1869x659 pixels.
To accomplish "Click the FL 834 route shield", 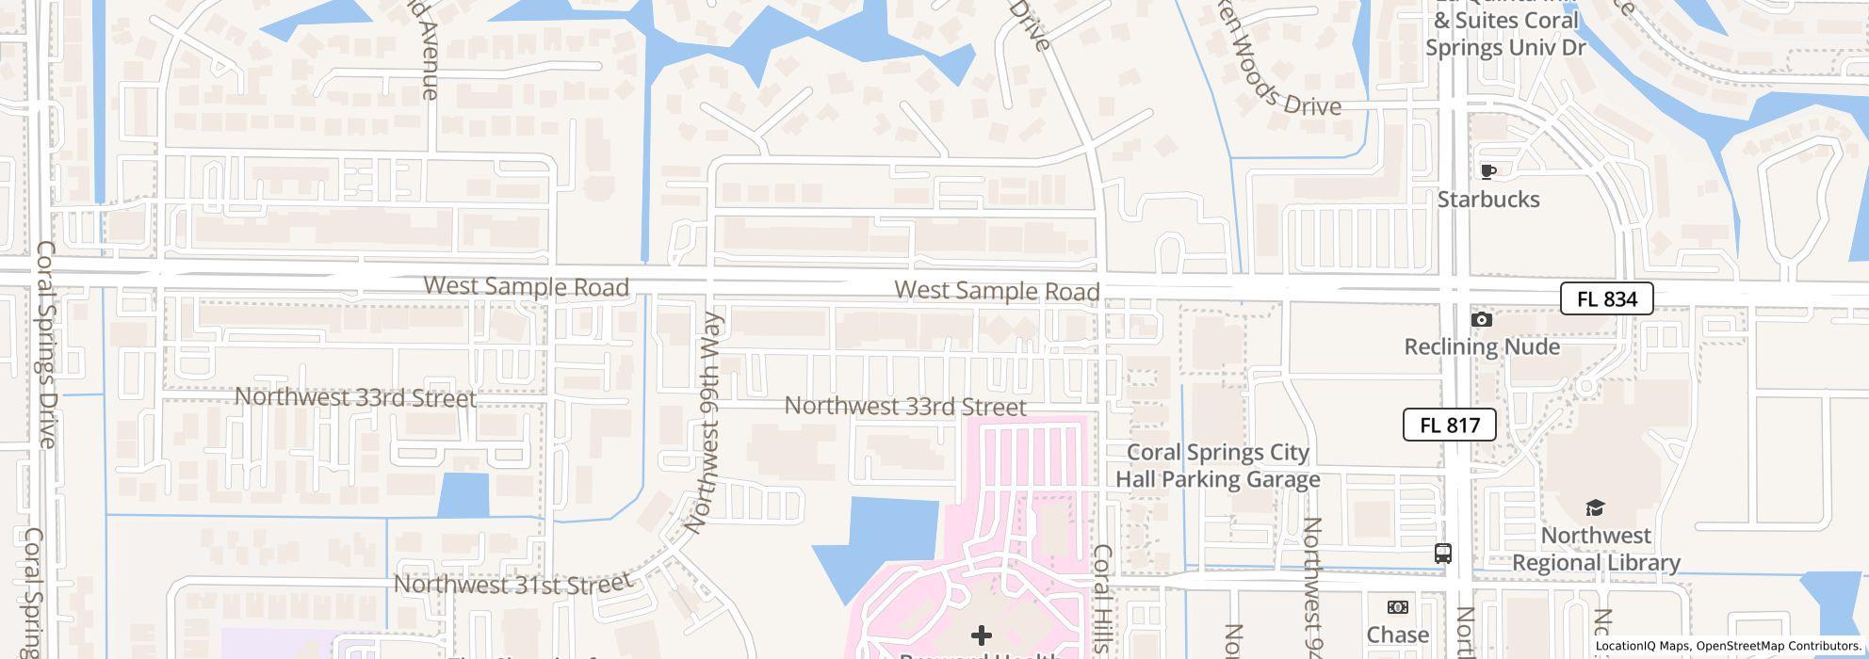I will pyautogui.click(x=1606, y=298).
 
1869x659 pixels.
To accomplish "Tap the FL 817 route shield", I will pyautogui.click(x=1449, y=425).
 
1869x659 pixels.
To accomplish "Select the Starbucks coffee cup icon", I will pyautogui.click(x=1488, y=171).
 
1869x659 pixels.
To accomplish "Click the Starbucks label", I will pyautogui.click(x=1488, y=200).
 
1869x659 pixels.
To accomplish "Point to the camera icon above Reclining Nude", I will pyautogui.click(x=1482, y=320).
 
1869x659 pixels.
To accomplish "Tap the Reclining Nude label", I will pyautogui.click(x=1482, y=346).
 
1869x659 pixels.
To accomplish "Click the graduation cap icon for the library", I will pyautogui.click(x=1595, y=508).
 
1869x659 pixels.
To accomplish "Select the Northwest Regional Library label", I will pyautogui.click(x=1596, y=549).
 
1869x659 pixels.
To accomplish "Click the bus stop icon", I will pyautogui.click(x=1442, y=554).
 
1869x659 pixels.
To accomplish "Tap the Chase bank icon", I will pyautogui.click(x=1398, y=607).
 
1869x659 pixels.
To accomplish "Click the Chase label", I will pyautogui.click(x=1398, y=635).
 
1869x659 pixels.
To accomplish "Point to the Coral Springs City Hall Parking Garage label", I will pyautogui.click(x=1218, y=466).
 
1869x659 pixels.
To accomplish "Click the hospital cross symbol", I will pyautogui.click(x=981, y=635).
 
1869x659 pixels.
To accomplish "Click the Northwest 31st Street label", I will pyautogui.click(x=513, y=584).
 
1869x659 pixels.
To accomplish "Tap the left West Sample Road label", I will pyautogui.click(x=526, y=286).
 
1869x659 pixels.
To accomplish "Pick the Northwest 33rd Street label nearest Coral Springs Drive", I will pyautogui.click(x=355, y=397).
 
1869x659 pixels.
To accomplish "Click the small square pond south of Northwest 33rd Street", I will pyautogui.click(x=463, y=495).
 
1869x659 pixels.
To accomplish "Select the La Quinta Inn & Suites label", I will pyautogui.click(x=1504, y=33).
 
